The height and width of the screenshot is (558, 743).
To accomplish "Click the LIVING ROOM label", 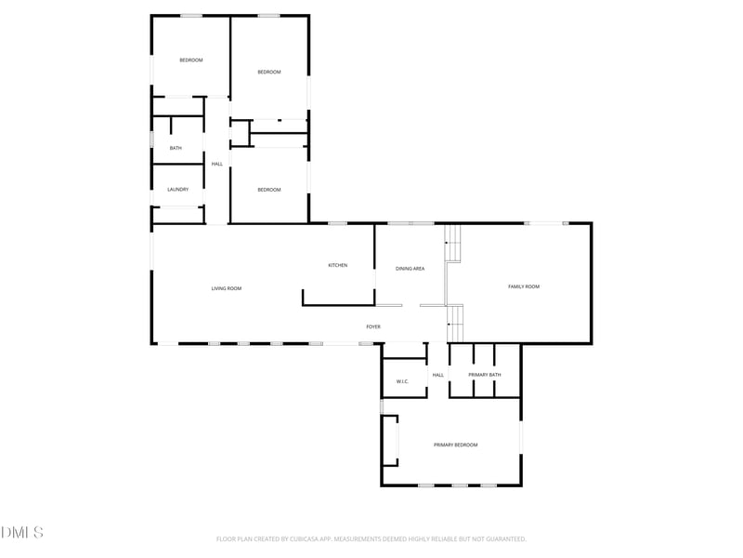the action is [226, 288].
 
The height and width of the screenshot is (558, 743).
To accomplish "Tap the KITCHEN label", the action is [338, 265].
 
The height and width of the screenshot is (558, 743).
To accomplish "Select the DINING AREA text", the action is [410, 269].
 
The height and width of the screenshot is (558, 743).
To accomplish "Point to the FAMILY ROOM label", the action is [524, 286].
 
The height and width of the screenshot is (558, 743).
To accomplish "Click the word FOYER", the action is [373, 327].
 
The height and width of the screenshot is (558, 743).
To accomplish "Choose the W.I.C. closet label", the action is [402, 381].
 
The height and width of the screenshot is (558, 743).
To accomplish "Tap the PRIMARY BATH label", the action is [484, 375].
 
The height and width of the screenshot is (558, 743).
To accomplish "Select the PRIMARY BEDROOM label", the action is [456, 445].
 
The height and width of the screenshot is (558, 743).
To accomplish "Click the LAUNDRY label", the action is [177, 190].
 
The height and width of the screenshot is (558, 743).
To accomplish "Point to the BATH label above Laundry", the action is [176, 148].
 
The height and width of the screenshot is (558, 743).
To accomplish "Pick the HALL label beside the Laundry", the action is [217, 165].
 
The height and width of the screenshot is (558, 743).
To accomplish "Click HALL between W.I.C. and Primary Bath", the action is [438, 375].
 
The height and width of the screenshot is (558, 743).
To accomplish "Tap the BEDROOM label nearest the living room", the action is [269, 190].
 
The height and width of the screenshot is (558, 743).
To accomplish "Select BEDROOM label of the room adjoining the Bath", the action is [191, 60].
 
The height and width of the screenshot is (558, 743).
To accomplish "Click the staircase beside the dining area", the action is [452, 244].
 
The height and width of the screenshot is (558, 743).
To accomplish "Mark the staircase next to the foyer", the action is [455, 324].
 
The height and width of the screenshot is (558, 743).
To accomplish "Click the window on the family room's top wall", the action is [546, 223].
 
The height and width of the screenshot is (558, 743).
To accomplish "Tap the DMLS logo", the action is [21, 532].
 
